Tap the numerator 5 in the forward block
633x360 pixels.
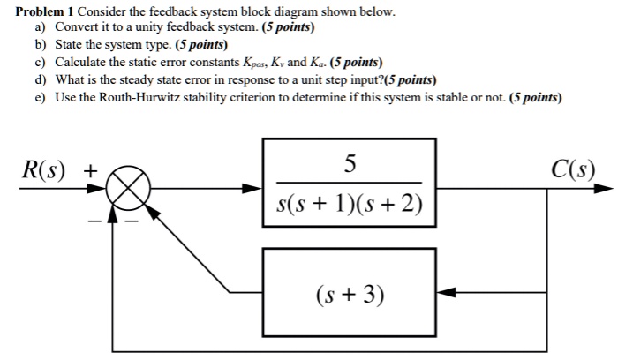click(x=350, y=163)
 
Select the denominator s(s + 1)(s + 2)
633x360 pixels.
click(x=350, y=205)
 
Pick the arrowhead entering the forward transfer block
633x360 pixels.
click(x=253, y=188)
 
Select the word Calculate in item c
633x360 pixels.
click(x=80, y=63)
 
